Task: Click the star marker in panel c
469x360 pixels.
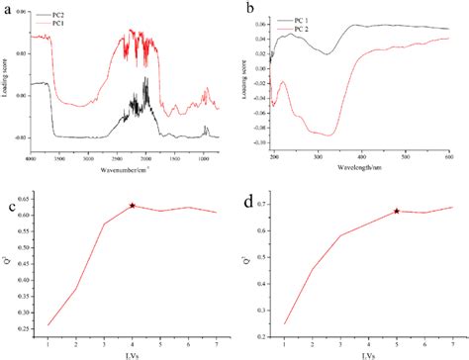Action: pyautogui.click(x=133, y=206)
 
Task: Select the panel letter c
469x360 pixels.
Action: pyautogui.click(x=10, y=205)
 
